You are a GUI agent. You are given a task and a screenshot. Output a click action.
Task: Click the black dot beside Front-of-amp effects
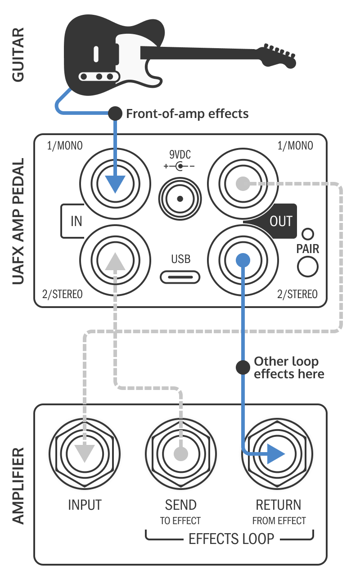point(115,113)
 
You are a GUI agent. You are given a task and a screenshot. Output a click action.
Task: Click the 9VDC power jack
point(180,199)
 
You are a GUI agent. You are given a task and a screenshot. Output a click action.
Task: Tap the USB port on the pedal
point(180,276)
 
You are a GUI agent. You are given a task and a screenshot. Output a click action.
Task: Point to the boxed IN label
point(76,221)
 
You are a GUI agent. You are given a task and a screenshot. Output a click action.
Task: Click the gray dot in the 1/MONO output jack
point(243,183)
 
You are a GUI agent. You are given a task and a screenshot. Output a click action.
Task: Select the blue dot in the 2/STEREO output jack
point(243,260)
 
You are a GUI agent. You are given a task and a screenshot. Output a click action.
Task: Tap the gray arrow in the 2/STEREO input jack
point(115,261)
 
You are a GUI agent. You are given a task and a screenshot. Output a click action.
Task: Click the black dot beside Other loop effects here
point(243,367)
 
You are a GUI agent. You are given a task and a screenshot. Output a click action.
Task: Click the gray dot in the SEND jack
point(181,453)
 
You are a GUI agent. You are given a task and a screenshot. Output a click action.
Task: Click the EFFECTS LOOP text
point(231,539)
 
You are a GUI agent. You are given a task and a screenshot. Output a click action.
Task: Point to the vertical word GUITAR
point(18,55)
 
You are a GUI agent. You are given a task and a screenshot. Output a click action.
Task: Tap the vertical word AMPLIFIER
point(18,485)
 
